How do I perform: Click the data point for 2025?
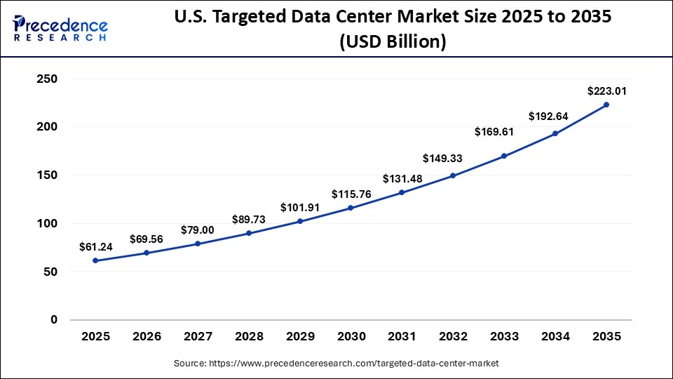pyautogui.click(x=95, y=260)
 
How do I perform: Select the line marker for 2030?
pyautogui.click(x=351, y=208)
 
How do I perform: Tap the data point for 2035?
pyautogui.click(x=606, y=105)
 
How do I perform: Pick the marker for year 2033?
pyautogui.click(x=504, y=156)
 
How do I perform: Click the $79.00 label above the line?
pyautogui.click(x=198, y=230)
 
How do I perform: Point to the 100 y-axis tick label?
pyautogui.click(x=46, y=223)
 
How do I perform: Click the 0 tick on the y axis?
pyautogui.click(x=53, y=319)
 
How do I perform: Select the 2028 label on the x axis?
pyautogui.click(x=249, y=337)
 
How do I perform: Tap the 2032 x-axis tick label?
pyautogui.click(x=453, y=337)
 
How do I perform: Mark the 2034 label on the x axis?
pyautogui.click(x=555, y=337)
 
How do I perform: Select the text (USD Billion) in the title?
pyautogui.click(x=393, y=41)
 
